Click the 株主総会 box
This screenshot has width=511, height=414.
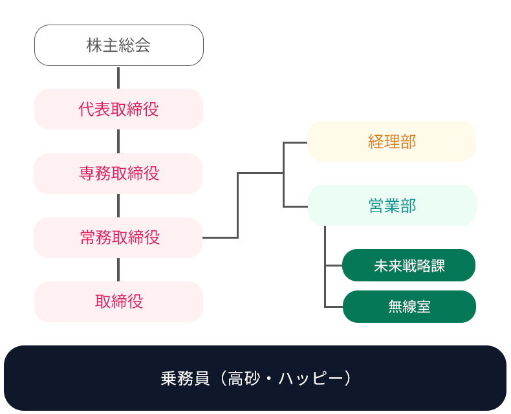click(118, 45)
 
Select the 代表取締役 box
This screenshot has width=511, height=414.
click(118, 109)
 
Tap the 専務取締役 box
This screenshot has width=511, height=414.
click(118, 173)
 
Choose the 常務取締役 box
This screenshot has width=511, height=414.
click(118, 237)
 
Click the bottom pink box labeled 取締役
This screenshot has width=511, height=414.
click(118, 301)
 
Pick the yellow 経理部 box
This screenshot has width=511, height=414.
click(391, 142)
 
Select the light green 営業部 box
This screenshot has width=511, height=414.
click(391, 206)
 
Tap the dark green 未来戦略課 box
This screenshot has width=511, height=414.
click(409, 265)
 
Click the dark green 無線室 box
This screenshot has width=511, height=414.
click(409, 307)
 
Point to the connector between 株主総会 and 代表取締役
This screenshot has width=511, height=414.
click(118, 77)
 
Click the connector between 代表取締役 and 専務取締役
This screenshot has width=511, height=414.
click(118, 141)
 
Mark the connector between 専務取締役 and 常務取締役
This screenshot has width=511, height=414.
click(118, 205)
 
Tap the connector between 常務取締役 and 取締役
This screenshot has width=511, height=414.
click(118, 269)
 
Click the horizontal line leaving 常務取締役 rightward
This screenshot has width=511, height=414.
click(220, 237)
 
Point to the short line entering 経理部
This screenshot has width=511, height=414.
click(296, 142)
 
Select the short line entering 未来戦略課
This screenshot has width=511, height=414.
click(333, 265)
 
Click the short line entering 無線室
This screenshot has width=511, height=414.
click(333, 307)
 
